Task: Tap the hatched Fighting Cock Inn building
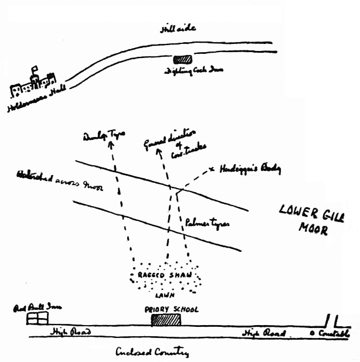pos(183,59)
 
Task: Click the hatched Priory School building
pos(165,320)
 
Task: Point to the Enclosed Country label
pos(153,353)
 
